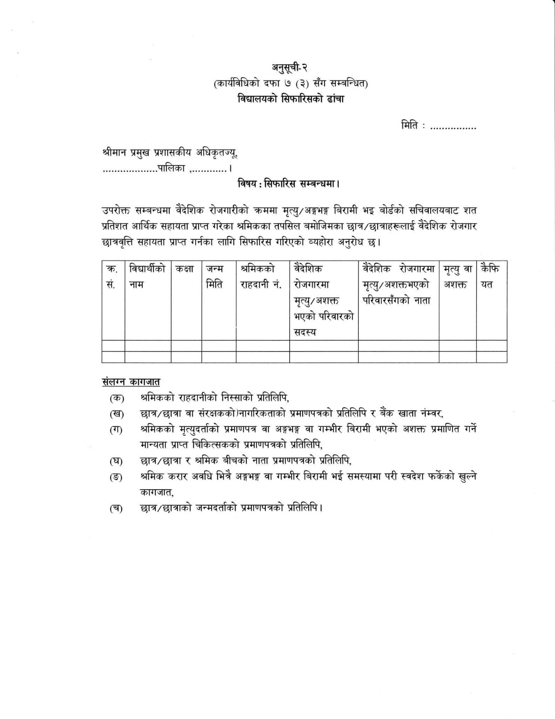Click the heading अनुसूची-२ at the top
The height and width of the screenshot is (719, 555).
pyautogui.click(x=291, y=68)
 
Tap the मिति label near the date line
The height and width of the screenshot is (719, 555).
pyautogui.click(x=410, y=126)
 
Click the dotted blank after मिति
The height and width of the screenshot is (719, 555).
pyautogui.click(x=453, y=127)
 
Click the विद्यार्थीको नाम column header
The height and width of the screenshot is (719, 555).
pyautogui.click(x=147, y=277)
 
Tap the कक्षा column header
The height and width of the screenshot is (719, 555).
pyautogui.click(x=185, y=269)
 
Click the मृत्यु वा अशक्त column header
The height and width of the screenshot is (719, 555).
pyautogui.click(x=457, y=277)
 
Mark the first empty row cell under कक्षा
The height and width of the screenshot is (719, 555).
pyautogui.click(x=185, y=346)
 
